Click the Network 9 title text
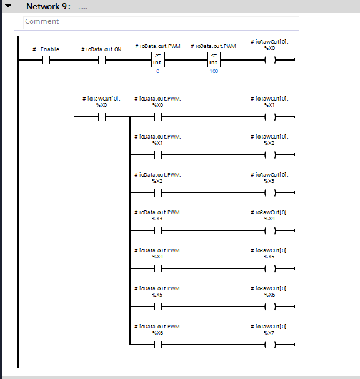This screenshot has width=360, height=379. (48, 6)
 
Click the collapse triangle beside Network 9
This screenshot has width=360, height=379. (8, 6)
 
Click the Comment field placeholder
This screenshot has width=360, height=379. (42, 21)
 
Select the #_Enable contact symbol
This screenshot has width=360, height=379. (46, 60)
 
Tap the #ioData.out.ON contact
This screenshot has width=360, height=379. (102, 60)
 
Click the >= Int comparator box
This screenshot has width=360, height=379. (157, 60)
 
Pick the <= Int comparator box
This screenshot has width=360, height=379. (214, 60)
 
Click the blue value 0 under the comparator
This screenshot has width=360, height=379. (157, 71)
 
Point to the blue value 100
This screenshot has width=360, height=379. (214, 71)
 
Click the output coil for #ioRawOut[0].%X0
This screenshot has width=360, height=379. (270, 60)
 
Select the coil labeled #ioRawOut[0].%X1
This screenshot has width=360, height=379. (270, 117)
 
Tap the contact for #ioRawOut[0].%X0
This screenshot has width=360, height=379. (102, 117)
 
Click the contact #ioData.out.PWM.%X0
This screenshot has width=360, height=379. (158, 117)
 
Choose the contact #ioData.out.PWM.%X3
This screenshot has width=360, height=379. (158, 231)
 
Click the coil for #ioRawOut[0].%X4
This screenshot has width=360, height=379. (270, 231)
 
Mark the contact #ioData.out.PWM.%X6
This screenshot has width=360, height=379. (158, 345)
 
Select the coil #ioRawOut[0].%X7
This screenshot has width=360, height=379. (270, 345)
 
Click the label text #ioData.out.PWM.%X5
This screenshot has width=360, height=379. (157, 292)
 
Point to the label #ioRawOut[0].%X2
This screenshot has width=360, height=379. (269, 140)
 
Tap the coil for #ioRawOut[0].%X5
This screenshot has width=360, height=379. (270, 268)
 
